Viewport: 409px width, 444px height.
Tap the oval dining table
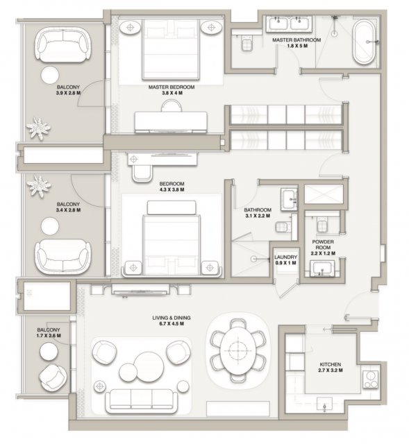237,350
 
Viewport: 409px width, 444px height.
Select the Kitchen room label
331,367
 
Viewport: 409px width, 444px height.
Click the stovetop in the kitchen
370,379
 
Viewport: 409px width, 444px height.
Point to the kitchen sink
324,404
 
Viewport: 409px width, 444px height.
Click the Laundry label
285,259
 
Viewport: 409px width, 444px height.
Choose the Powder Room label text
323,244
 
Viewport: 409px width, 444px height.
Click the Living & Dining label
172,321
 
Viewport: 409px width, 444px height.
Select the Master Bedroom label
172,89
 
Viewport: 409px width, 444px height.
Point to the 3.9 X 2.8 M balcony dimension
68,93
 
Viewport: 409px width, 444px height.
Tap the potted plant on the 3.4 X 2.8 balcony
39,186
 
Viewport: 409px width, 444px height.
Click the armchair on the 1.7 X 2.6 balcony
53,377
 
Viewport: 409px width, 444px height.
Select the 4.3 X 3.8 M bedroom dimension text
172,189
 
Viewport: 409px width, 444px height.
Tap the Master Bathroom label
297,43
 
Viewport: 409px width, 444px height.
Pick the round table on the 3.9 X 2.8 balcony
50,75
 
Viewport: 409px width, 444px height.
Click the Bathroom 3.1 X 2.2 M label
258,213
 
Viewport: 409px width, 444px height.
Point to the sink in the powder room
322,268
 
